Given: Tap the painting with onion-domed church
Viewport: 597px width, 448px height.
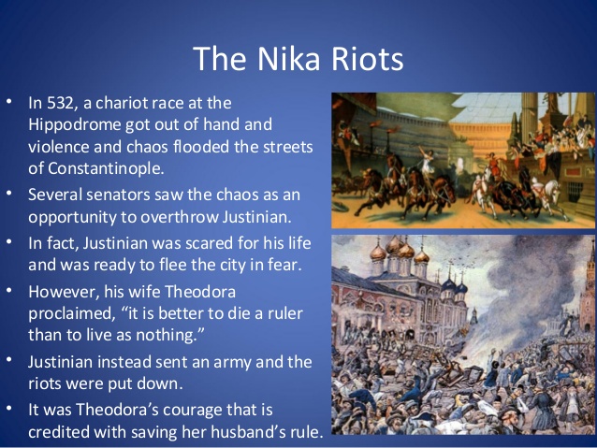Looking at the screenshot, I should (x=464, y=334).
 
